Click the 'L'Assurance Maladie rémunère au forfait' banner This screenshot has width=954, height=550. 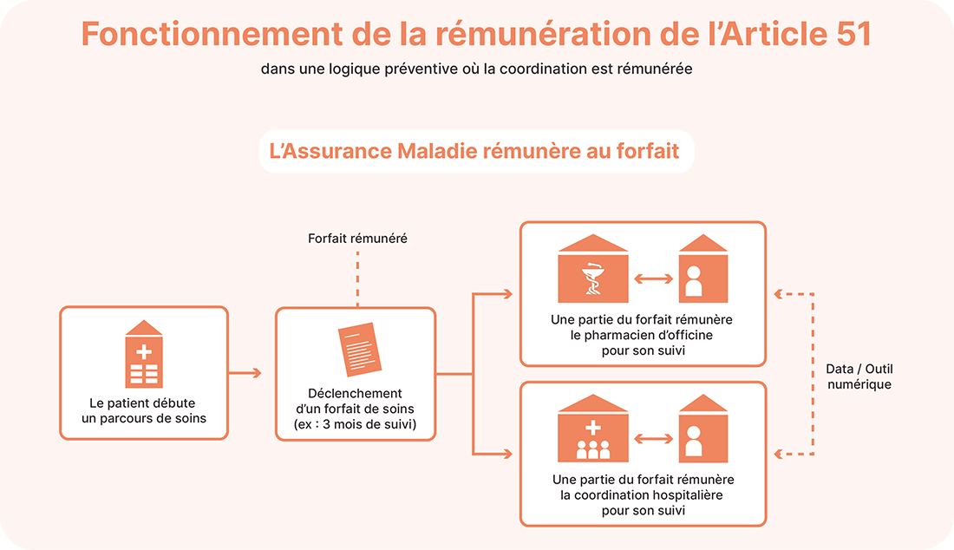click(476, 151)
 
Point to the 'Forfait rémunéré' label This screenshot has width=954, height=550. click(357, 238)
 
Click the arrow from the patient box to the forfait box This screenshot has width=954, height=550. click(245, 373)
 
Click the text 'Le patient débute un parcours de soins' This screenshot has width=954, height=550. click(144, 410)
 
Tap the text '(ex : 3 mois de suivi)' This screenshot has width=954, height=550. click(356, 423)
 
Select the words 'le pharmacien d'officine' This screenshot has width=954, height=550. click(642, 335)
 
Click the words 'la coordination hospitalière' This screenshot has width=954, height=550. click(642, 494)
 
